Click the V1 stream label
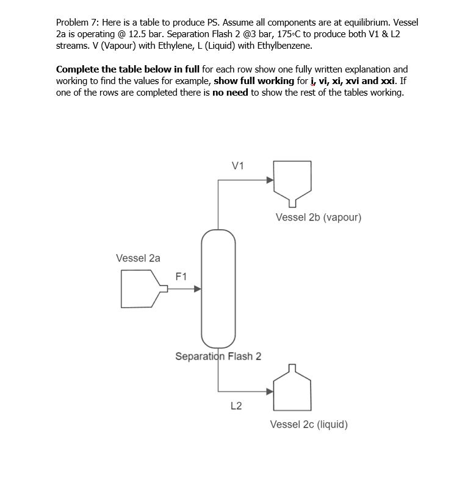click(x=238, y=166)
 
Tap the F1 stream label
click(x=181, y=276)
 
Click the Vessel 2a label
click(x=138, y=258)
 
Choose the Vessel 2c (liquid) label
click(x=309, y=424)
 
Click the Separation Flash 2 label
click(x=218, y=356)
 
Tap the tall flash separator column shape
click(x=218, y=286)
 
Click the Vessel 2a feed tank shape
click(x=142, y=289)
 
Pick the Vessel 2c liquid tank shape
click(x=292, y=392)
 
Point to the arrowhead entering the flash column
click(x=197, y=289)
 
